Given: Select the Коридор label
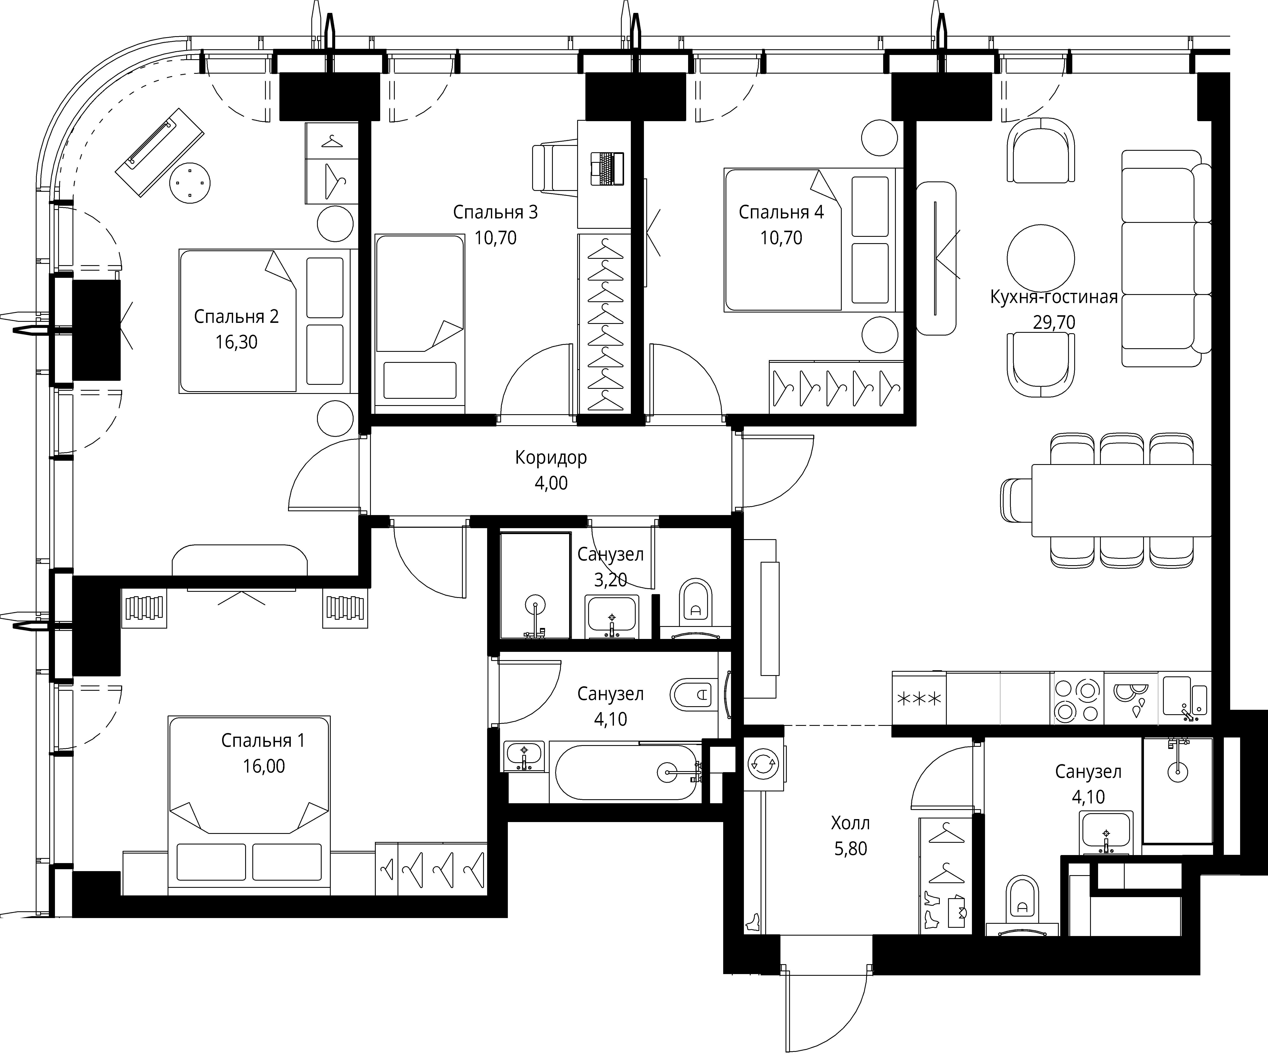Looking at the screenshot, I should pyautogui.click(x=551, y=458).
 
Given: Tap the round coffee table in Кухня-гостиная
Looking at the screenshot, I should pyautogui.click(x=1040, y=258).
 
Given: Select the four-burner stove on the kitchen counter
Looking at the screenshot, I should pyautogui.click(x=1078, y=698).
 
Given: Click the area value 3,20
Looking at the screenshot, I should pyautogui.click(x=611, y=580).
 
